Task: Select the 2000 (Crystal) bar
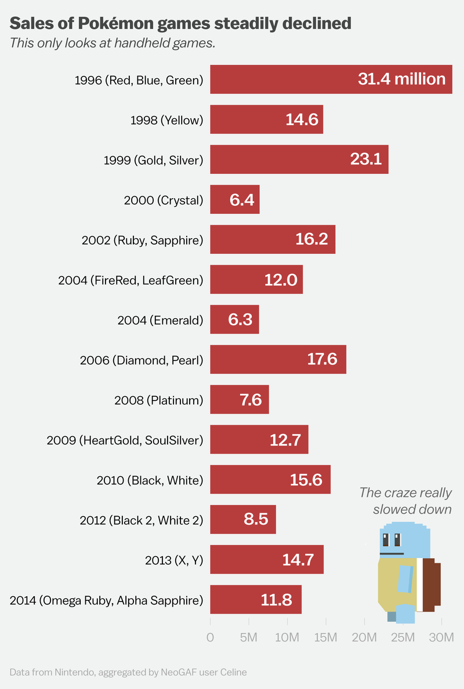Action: click(234, 200)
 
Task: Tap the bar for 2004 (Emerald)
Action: click(234, 320)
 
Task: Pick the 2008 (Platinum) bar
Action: click(239, 400)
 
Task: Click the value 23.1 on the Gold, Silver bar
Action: click(366, 159)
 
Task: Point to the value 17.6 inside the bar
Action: click(322, 360)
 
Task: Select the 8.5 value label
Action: click(256, 519)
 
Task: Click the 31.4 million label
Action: click(401, 79)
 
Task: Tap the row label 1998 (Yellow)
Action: click(167, 120)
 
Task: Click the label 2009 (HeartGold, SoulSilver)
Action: click(125, 440)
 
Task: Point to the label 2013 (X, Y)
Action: click(174, 560)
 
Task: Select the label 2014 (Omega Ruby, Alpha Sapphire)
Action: click(107, 600)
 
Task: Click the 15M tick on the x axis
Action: click(325, 638)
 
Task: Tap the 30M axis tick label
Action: click(441, 638)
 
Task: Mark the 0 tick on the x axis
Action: click(210, 638)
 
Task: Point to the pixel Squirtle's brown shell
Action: click(430, 585)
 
